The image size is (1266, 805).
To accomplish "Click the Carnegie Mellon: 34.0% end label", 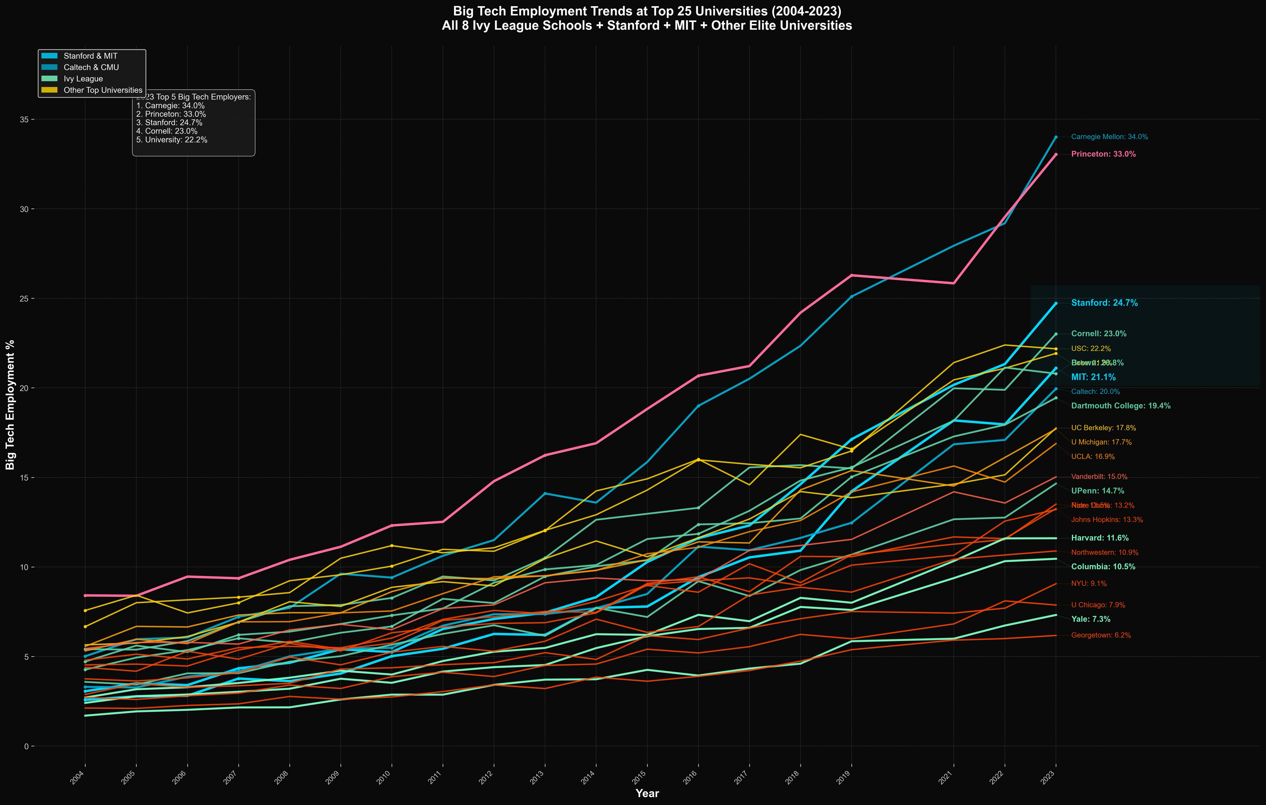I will [1109, 137].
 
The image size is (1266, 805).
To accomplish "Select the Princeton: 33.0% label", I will [1103, 154].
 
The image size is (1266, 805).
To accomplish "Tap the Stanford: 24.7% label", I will [1104, 303].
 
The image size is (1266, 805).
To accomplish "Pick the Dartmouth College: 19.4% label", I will [1120, 406].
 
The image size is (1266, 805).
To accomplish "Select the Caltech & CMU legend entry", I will [91, 67].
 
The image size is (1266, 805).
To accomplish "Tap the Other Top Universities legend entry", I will [103, 90].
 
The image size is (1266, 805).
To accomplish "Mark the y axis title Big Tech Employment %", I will [10, 404].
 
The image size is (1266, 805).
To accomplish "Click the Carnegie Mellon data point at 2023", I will [1056, 137].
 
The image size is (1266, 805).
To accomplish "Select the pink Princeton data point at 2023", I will [1056, 154].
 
